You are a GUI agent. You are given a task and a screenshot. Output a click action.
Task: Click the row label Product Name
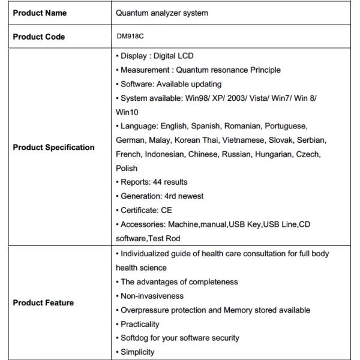pyautogui.click(x=40, y=13)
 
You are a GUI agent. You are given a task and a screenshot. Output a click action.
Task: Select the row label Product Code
pyautogui.click(x=39, y=37)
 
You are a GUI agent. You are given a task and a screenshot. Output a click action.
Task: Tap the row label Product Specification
pyautogui.click(x=54, y=147)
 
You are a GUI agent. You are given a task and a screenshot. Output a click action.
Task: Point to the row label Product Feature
pyautogui.click(x=43, y=302)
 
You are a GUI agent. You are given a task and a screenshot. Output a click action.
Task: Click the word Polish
pyautogui.click(x=127, y=168)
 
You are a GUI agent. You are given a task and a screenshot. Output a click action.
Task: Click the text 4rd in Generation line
pyautogui.click(x=170, y=196)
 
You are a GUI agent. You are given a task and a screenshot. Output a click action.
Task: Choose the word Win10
pyautogui.click(x=127, y=112)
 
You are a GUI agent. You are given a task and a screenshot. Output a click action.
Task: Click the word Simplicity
pyautogui.click(x=137, y=352)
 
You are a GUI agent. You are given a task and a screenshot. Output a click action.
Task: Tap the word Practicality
pyautogui.click(x=140, y=324)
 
